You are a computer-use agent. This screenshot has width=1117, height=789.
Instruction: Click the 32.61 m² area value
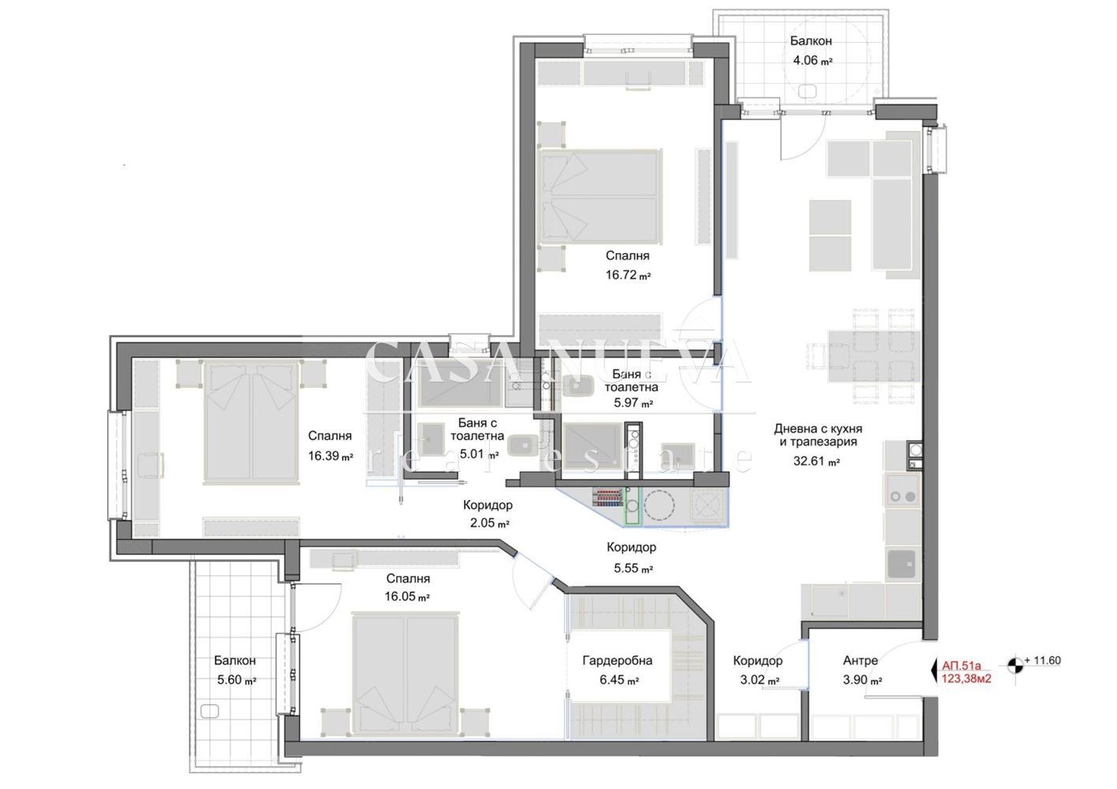[x=816, y=461]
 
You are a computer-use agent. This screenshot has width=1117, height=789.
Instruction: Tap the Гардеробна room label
[x=617, y=660]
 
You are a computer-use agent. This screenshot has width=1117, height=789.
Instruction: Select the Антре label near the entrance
[x=860, y=660]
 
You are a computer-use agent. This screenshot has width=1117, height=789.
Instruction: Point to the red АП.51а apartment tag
[x=961, y=665]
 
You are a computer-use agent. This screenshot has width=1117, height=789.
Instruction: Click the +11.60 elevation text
[x=1042, y=660]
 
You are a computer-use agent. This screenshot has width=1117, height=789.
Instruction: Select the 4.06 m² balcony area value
[x=812, y=60]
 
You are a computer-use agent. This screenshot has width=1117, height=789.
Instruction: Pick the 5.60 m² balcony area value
[x=236, y=680]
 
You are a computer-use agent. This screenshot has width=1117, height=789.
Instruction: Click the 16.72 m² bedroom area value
[x=628, y=275]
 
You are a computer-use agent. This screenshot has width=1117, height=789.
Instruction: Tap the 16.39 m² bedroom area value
[x=331, y=455]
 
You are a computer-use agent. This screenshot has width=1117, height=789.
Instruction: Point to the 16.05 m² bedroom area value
[x=407, y=596]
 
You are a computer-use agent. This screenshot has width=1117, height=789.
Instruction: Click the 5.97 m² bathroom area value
[x=633, y=402]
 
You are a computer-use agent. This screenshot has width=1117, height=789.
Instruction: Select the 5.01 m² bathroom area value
[x=479, y=454]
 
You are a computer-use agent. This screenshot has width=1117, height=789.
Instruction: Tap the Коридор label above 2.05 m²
[x=488, y=505]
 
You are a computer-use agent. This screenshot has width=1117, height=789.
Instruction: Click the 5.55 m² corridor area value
[x=633, y=568]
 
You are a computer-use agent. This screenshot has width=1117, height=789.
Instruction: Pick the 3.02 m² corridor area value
[x=760, y=680]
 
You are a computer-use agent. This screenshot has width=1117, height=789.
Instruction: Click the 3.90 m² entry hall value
[x=862, y=680]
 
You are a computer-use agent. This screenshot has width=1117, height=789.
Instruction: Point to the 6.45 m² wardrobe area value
[x=620, y=680]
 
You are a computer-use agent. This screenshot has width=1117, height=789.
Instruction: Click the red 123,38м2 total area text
[x=966, y=679]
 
